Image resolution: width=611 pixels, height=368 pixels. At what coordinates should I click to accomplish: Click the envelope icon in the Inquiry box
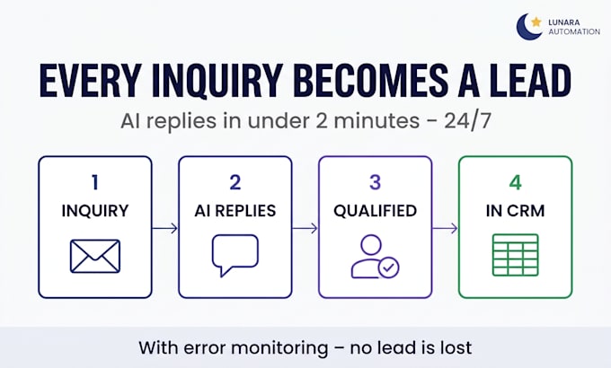tap(95, 256)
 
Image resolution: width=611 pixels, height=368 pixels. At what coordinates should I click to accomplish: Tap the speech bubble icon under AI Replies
tap(235, 255)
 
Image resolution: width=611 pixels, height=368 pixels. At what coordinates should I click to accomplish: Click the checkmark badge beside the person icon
tap(388, 267)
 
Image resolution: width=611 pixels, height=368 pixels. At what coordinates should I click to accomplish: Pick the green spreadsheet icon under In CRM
tap(516, 255)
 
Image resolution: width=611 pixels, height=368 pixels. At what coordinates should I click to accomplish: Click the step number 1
tap(95, 182)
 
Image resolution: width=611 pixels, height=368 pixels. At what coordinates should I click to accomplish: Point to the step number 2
tap(235, 182)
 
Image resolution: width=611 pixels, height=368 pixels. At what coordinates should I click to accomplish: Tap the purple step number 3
tap(375, 182)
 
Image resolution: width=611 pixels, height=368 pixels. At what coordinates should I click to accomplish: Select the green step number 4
tap(515, 182)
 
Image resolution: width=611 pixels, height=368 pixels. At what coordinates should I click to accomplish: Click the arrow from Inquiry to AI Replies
tap(164, 228)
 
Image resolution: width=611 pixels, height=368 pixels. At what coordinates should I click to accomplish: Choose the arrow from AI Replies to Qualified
tap(305, 228)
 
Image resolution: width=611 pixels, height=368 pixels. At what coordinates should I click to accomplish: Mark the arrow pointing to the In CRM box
tap(445, 228)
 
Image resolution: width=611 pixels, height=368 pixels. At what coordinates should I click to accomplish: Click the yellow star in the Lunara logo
tap(536, 22)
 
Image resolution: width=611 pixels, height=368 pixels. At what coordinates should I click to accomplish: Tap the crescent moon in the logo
tap(524, 29)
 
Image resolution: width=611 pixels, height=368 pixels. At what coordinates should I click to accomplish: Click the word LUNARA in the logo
tap(564, 22)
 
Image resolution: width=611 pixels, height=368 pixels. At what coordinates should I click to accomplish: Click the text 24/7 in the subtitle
tap(467, 121)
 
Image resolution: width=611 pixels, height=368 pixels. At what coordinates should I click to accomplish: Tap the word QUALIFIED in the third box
tap(375, 211)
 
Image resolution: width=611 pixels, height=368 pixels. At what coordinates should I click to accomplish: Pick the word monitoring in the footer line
tap(279, 347)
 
